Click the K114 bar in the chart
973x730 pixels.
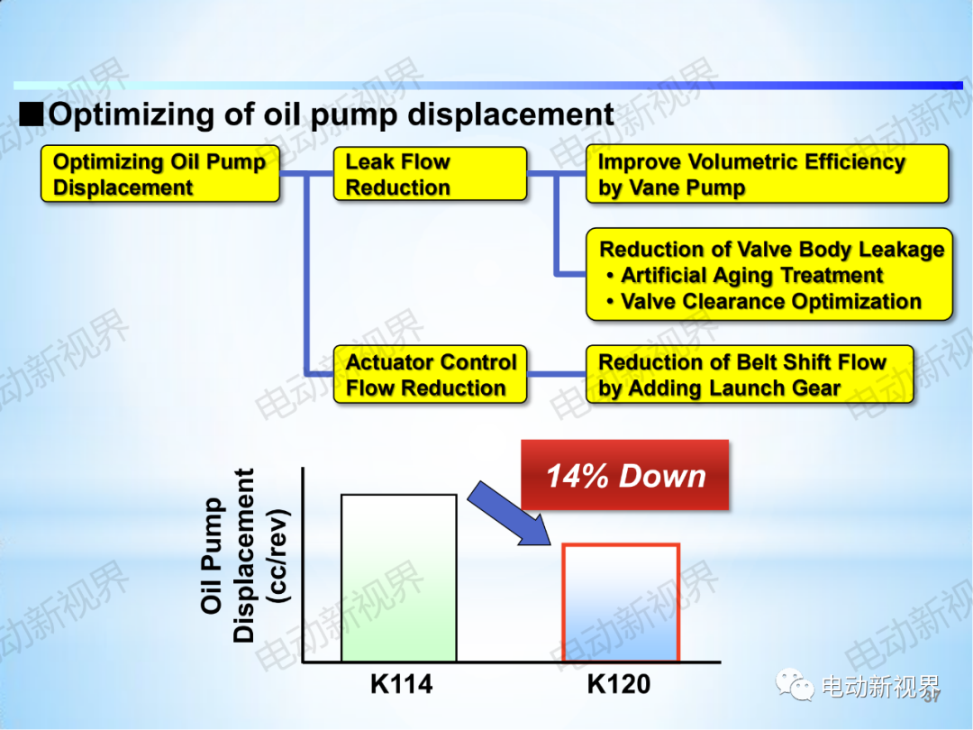(399, 578)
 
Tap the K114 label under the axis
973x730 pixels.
(402, 684)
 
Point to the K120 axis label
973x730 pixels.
(619, 684)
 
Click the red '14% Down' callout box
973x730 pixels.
(625, 475)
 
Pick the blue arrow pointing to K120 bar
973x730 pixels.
(509, 514)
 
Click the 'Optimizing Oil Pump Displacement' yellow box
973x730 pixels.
(160, 174)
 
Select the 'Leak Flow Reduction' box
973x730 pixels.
(430, 174)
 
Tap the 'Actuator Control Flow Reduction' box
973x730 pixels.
(430, 374)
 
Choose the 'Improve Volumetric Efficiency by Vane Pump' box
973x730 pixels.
(768, 174)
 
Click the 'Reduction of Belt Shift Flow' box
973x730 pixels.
(750, 374)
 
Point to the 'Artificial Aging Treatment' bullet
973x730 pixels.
(745, 275)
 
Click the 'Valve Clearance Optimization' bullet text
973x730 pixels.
(764, 302)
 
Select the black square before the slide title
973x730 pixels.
(31, 114)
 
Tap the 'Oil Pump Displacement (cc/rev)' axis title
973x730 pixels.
(244, 554)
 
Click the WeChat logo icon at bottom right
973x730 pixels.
(795, 684)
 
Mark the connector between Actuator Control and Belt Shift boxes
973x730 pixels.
(557, 374)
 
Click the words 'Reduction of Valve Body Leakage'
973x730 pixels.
(772, 250)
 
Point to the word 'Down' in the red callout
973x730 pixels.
(663, 476)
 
